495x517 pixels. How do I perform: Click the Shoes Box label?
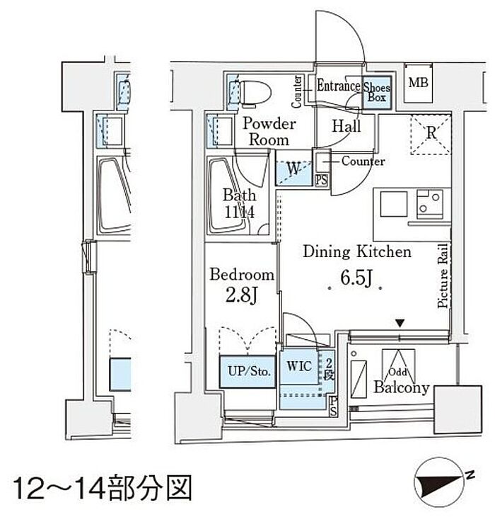pyautogui.click(x=377, y=92)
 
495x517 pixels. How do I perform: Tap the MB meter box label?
pyautogui.click(x=419, y=82)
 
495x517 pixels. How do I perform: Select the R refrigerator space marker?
pyautogui.click(x=431, y=133)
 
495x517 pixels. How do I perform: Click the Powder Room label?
pyautogui.click(x=269, y=132)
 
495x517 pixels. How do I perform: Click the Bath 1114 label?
pyautogui.click(x=239, y=203)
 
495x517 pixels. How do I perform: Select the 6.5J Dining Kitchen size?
pyautogui.click(x=356, y=278)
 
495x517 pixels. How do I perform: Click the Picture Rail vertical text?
pyautogui.click(x=443, y=275)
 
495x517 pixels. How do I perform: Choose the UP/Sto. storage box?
pyautogui.click(x=248, y=371)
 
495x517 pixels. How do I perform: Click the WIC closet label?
pyautogui.click(x=299, y=366)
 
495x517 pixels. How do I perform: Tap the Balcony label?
pyautogui.click(x=402, y=387)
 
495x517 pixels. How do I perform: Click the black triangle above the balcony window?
pyautogui.click(x=400, y=324)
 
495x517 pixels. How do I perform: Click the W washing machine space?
pyautogui.click(x=293, y=172)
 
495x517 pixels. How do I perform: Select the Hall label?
pyautogui.click(x=346, y=126)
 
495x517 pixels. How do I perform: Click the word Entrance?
pyautogui.click(x=338, y=86)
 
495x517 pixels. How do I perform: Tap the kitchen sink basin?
pyautogui.click(x=394, y=204)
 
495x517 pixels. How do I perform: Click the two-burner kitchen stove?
pyautogui.click(x=429, y=204)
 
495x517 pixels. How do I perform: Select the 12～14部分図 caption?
pyautogui.click(x=103, y=487)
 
